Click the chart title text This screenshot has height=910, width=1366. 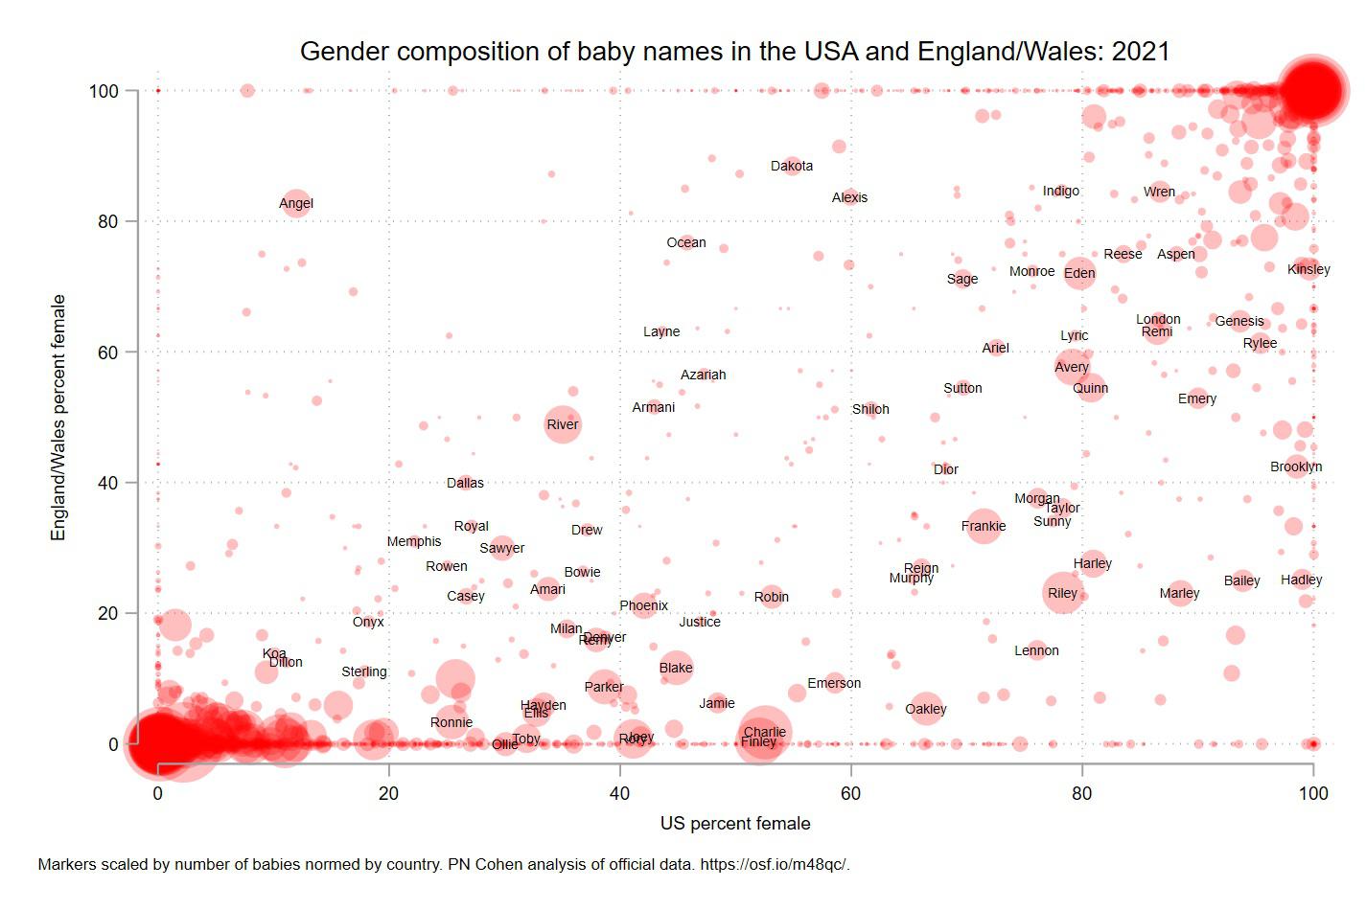[x=734, y=52]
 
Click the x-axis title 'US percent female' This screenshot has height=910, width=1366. [x=734, y=824]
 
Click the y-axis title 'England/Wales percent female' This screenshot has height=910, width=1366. [x=58, y=418]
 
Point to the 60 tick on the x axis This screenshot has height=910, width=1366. [x=850, y=793]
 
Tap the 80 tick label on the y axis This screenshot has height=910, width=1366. [x=107, y=221]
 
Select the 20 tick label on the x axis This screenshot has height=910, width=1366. [x=388, y=793]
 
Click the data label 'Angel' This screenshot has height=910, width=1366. [x=296, y=203]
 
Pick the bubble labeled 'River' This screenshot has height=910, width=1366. [x=563, y=424]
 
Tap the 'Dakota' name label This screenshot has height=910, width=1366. [x=792, y=166]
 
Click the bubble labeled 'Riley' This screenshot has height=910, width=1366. [x=1062, y=593]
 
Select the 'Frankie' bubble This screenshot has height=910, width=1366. [x=984, y=526]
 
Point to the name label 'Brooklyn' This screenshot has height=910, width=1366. [x=1296, y=466]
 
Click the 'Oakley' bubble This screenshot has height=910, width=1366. [x=925, y=709]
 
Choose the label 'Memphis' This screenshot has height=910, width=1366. [x=414, y=541]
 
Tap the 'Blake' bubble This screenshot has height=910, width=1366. [x=676, y=668]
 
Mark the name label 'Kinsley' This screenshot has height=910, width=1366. [x=1308, y=269]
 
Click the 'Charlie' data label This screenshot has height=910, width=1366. [x=765, y=732]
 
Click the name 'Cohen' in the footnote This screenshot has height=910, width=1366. [x=484, y=864]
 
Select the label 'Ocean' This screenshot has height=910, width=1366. [x=686, y=242]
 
